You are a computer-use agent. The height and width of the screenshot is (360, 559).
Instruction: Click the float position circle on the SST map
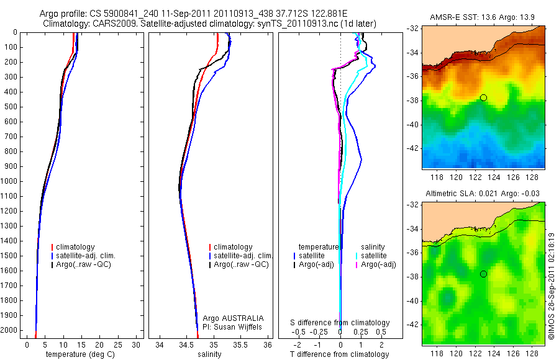click(x=483, y=97)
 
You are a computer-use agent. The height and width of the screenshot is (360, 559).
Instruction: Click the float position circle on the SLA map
click(x=483, y=274)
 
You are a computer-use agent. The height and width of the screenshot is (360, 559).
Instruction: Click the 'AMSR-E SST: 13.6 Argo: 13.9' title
click(x=482, y=19)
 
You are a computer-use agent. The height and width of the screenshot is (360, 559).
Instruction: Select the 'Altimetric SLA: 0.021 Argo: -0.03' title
click(x=482, y=195)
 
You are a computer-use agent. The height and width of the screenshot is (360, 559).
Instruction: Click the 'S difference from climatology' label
click(x=340, y=323)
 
